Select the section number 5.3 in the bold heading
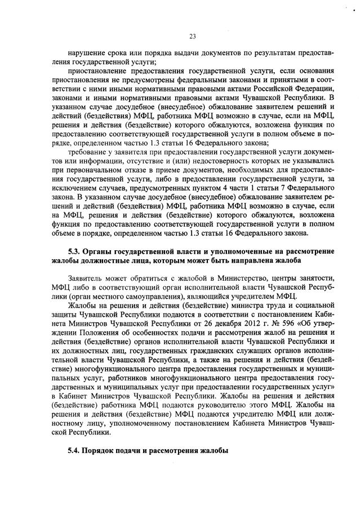[74, 250]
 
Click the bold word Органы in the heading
[104, 250]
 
